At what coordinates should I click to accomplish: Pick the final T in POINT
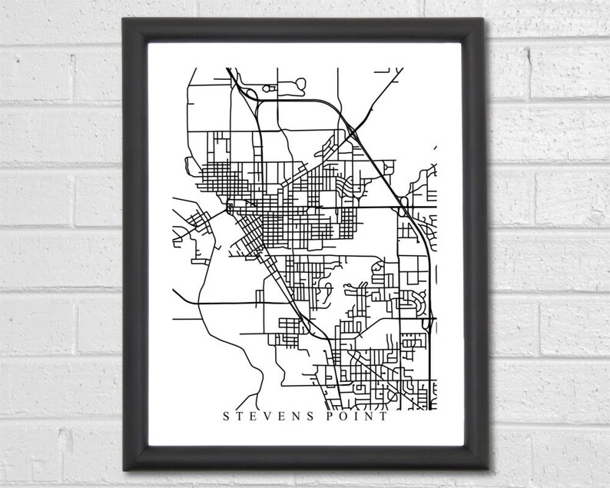384,419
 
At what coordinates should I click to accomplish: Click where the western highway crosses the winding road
201,300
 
